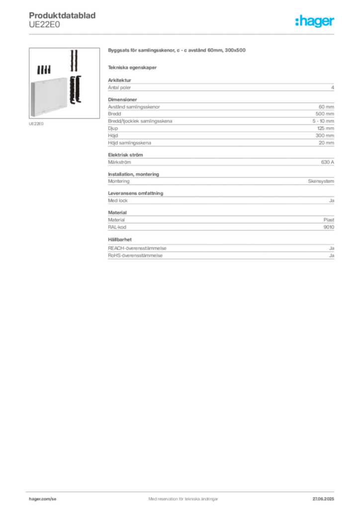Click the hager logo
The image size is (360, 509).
coord(315,21)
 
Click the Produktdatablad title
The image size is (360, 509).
coord(62,15)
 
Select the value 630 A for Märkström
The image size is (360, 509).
coord(328,162)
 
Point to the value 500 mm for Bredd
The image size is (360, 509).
coord(325,114)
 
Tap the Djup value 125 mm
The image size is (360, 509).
coord(326,128)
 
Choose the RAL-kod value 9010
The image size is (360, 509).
coord(329,227)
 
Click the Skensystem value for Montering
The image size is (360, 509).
coord(321,181)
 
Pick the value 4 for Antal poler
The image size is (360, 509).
coord(333,87)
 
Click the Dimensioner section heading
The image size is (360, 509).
coord(122,99)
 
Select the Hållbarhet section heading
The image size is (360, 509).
coord(120,240)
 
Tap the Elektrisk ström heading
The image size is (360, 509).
coord(125,155)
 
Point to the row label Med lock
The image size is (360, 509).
coord(118,201)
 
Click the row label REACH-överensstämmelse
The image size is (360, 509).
coord(137,249)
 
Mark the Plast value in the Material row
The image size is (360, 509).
coord(329,220)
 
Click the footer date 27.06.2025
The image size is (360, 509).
coord(323,499)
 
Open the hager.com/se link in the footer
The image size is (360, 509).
coord(43,499)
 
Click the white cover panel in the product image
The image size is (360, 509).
coord(49,97)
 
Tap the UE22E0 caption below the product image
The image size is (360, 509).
coord(36,124)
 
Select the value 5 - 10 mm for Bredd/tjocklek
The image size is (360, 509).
coord(323,121)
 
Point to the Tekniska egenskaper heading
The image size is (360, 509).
coord(132,68)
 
